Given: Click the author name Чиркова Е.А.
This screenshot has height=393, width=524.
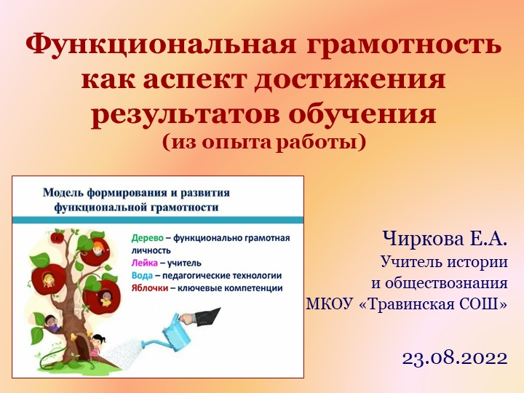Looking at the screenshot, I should coord(444,238).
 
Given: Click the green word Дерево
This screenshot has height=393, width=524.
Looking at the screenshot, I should coord(148,238).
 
